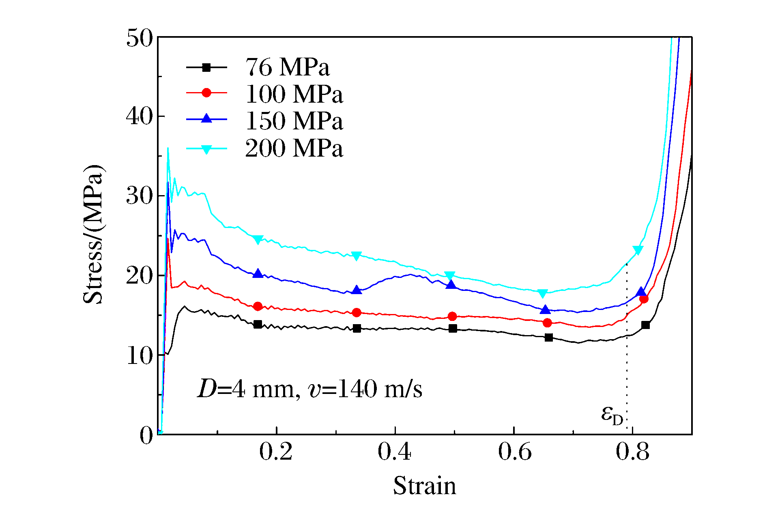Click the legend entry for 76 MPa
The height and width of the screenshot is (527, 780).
click(x=287, y=67)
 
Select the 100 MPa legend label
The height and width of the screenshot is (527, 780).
click(x=294, y=94)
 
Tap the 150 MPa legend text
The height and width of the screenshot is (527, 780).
click(x=294, y=121)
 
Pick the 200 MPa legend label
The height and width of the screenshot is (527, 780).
click(x=294, y=148)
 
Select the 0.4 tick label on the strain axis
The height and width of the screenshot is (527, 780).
click(x=394, y=452)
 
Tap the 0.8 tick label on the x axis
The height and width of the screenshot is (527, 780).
click(x=632, y=452)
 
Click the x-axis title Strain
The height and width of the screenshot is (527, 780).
click(x=424, y=486)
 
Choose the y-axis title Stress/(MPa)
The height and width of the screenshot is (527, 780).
click(x=93, y=234)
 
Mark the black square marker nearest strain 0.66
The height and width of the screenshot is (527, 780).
click(x=549, y=338)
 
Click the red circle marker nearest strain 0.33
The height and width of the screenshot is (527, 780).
click(x=357, y=312)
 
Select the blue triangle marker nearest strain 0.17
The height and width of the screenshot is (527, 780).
click(x=258, y=274)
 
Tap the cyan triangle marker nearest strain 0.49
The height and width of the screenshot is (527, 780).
click(x=449, y=276)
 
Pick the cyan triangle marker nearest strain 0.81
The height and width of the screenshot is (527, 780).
click(x=638, y=250)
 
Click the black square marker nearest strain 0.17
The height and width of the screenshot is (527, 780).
click(x=258, y=324)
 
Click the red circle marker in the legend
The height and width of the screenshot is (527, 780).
click(x=206, y=93)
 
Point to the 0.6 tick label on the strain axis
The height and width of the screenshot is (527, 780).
click(x=514, y=452)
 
